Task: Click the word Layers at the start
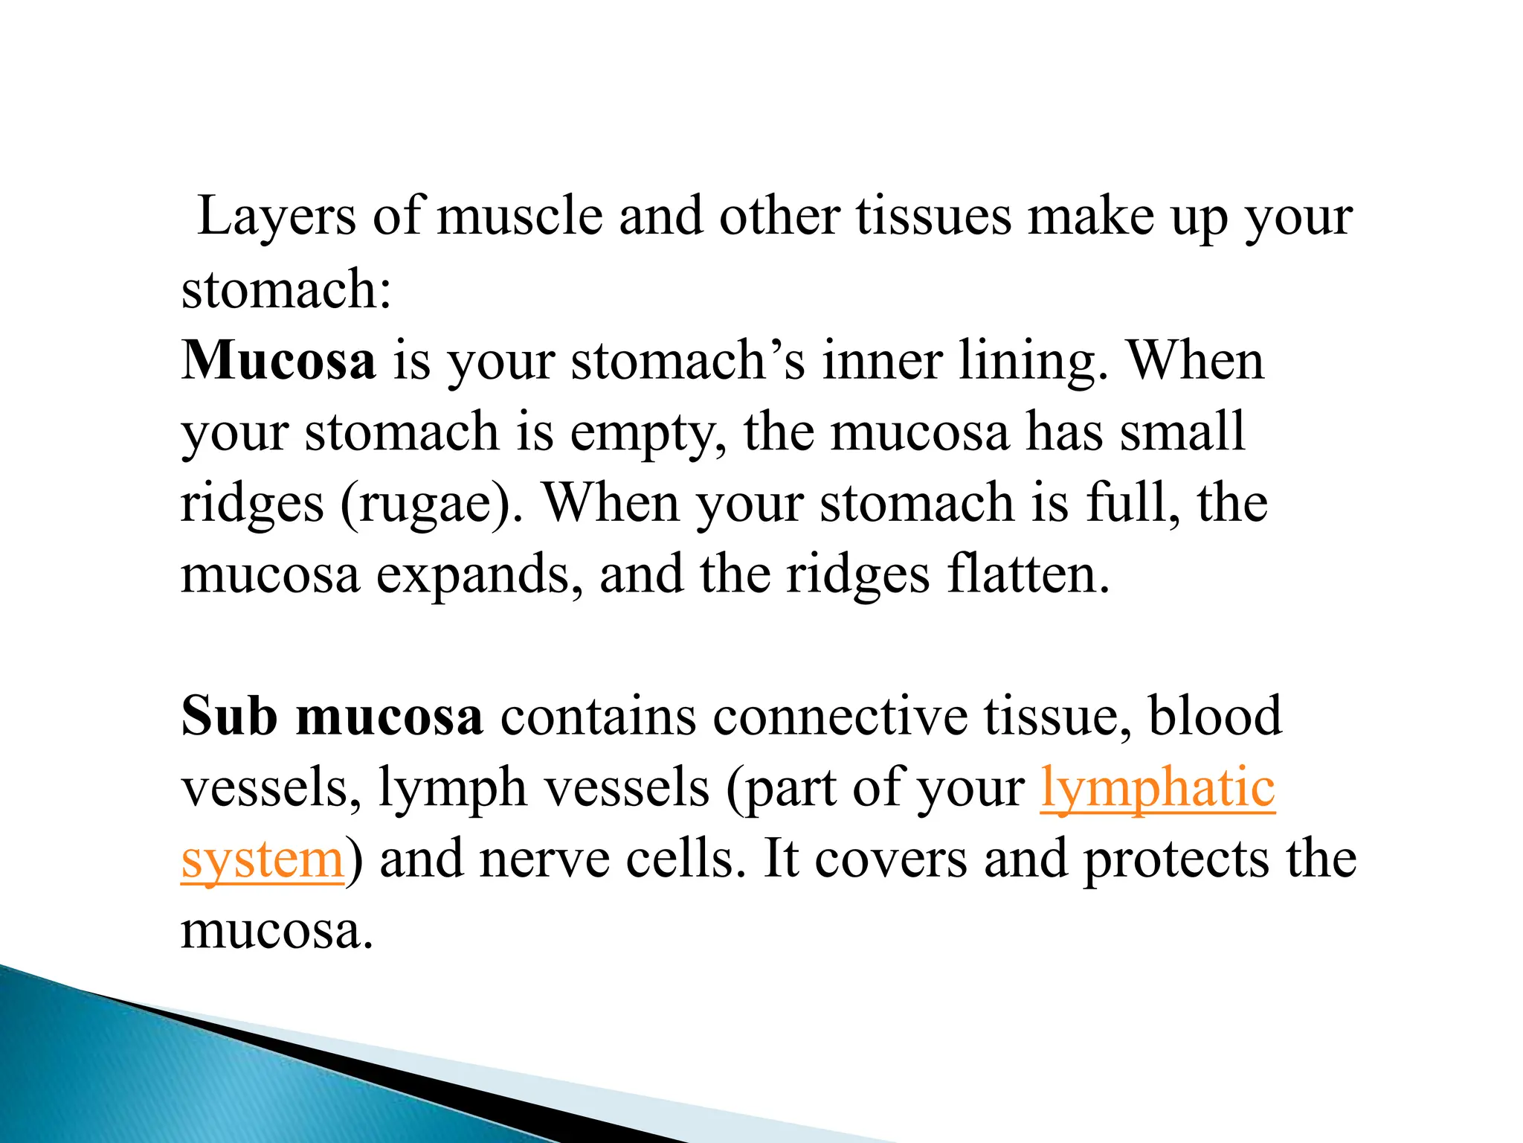point(277,217)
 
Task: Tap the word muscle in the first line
point(519,217)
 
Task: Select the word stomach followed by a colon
point(286,289)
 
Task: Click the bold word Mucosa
point(278,360)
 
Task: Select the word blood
point(1215,716)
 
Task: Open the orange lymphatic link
point(1158,787)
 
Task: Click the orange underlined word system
point(262,859)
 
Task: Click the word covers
point(892,859)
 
